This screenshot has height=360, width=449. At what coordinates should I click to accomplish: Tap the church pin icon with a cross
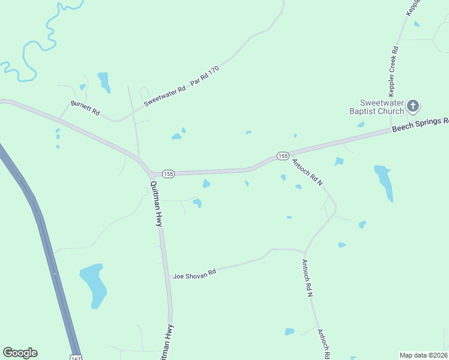412,106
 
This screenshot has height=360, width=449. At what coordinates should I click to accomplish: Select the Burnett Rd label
84,107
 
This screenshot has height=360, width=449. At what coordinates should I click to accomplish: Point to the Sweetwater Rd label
165,95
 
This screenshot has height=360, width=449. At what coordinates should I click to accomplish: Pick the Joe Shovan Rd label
194,274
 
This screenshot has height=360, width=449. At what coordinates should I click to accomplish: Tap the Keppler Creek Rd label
394,71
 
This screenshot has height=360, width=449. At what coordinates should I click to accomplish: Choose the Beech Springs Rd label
420,125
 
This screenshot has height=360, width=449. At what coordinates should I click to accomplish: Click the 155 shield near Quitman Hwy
168,173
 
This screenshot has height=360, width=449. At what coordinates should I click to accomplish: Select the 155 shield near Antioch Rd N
283,155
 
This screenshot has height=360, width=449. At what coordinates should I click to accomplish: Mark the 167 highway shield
75,356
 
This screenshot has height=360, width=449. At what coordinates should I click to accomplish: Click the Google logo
20,353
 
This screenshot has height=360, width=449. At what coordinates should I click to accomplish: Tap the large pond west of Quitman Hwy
93,284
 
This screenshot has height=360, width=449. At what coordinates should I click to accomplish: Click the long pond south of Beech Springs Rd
384,182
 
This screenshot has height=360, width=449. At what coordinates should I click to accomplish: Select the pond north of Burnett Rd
104,82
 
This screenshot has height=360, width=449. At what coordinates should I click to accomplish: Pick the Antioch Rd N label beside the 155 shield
307,172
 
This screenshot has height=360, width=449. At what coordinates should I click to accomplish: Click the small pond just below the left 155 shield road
206,184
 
